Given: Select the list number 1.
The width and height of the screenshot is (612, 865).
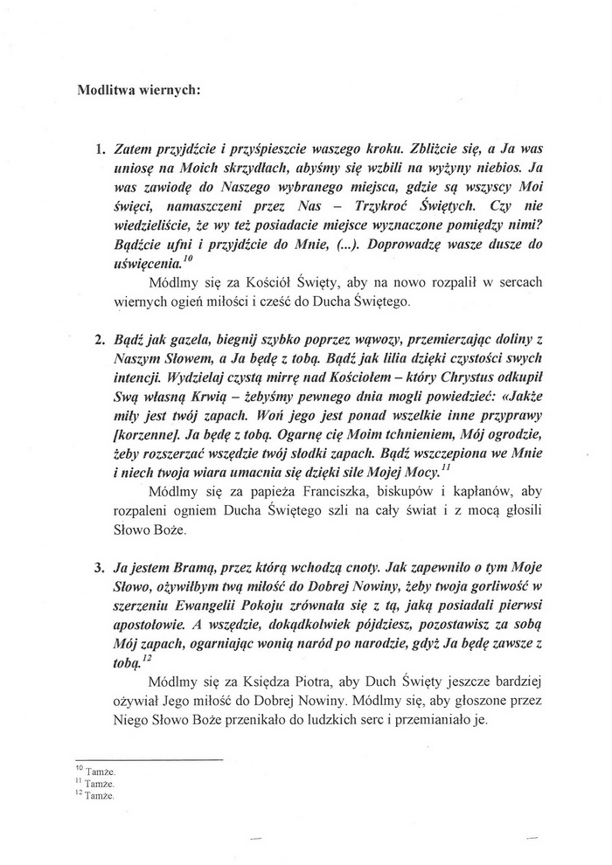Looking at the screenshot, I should pos(101,149).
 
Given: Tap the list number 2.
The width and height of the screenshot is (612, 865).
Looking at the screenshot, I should pos(101,337).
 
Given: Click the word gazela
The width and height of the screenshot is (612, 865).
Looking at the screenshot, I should pos(190,338).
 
